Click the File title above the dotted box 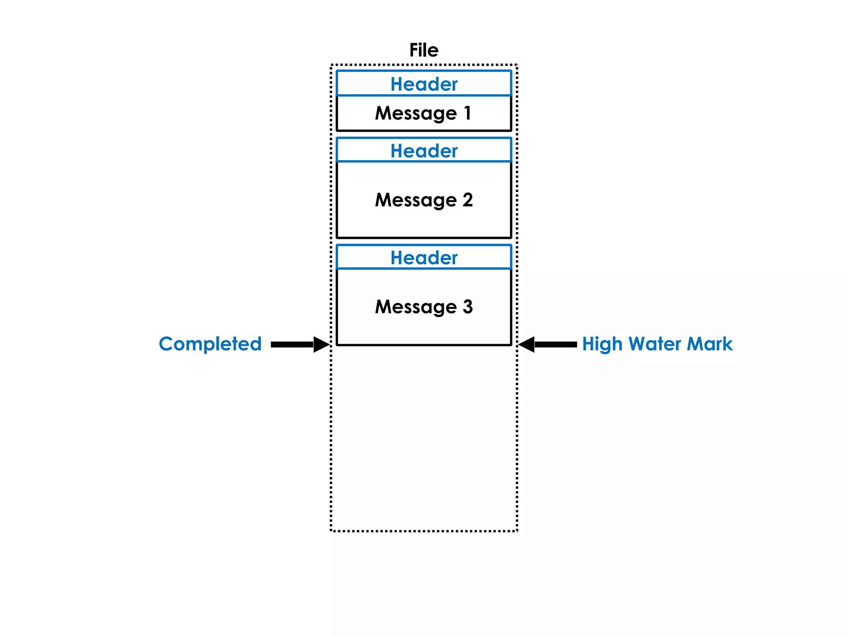[x=424, y=50]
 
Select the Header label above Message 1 [x=424, y=84]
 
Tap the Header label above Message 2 [x=424, y=151]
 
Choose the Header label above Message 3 [x=424, y=258]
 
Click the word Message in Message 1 [x=415, y=113]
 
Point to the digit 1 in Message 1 [x=467, y=113]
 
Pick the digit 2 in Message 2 [x=467, y=200]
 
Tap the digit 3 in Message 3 [x=467, y=307]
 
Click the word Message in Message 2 [x=415, y=200]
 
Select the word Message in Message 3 [x=415, y=307]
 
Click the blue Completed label [x=210, y=344]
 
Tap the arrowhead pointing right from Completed [x=321, y=344]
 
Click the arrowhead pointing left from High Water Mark [x=527, y=344]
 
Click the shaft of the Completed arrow [x=291, y=344]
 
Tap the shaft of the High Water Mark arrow [x=556, y=344]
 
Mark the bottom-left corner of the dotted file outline [x=331, y=530]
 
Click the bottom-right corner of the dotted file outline [x=517, y=530]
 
